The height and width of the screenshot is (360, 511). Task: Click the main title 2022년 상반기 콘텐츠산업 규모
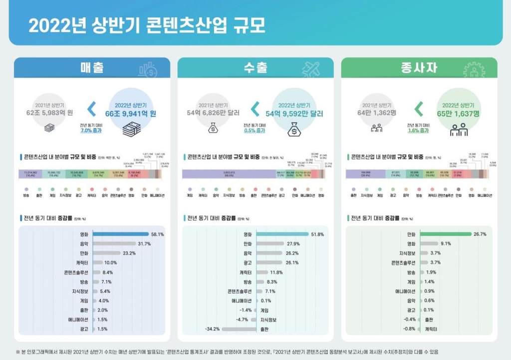click(147, 25)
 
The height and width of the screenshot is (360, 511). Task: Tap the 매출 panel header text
click(92, 68)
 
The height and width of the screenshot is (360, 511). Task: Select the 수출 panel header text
click(255, 68)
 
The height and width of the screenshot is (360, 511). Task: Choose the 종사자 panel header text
click(419, 68)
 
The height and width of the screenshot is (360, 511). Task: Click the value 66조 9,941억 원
click(131, 113)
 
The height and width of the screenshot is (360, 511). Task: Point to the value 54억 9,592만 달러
click(294, 113)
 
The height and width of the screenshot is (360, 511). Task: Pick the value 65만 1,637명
click(458, 113)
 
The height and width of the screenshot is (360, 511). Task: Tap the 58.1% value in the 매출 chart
click(158, 234)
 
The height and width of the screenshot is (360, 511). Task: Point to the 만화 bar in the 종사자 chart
click(445, 234)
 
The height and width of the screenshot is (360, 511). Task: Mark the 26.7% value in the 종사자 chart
click(480, 234)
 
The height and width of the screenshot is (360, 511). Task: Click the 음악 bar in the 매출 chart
click(114, 244)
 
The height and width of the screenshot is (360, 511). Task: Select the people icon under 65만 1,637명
click(458, 130)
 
